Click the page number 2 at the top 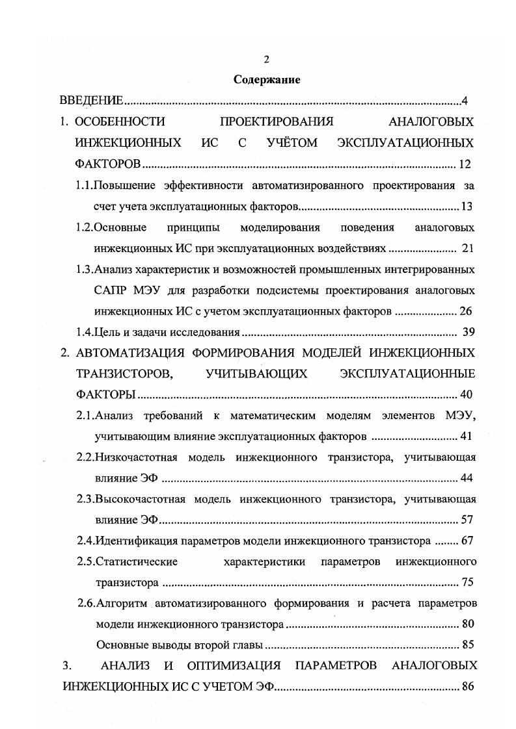pos(267,60)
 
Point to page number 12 pos(465,164)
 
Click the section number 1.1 pos(85,185)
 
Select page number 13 pos(467,207)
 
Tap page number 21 pos(467,248)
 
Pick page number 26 pos(465,311)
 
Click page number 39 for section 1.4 pos(468,333)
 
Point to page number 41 pos(466,436)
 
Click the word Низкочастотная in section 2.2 pos(139,457)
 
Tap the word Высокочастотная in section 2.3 pos(141,499)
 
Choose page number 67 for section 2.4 pos(467,540)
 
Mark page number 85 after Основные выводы pos(467,645)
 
